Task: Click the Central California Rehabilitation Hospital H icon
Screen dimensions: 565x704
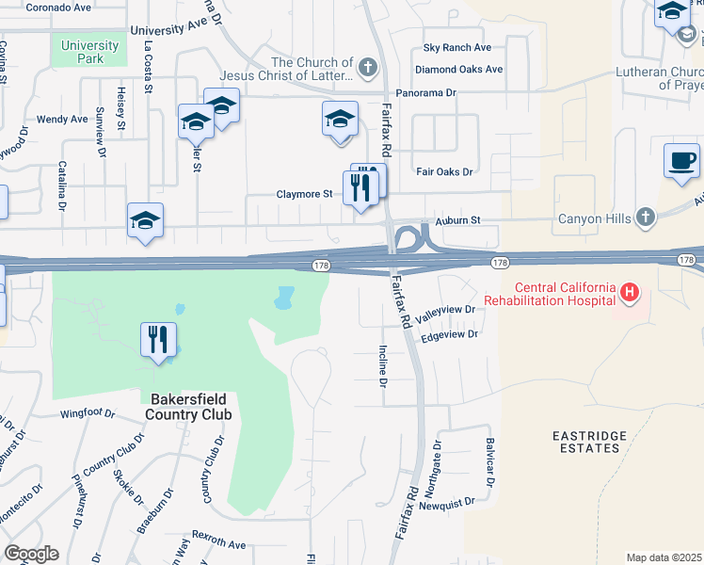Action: tap(630, 295)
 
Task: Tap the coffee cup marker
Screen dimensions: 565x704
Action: tap(680, 161)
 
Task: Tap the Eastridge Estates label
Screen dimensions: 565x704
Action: tap(585, 441)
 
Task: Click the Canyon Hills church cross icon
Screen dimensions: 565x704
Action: tap(645, 218)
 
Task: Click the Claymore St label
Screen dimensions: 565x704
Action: tap(304, 194)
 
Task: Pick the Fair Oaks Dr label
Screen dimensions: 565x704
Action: tap(443, 172)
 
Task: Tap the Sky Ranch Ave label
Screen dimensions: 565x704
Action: tap(457, 47)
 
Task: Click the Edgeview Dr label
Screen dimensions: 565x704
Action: tap(450, 334)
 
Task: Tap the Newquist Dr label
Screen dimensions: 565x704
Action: tap(443, 505)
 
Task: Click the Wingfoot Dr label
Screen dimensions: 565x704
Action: tap(87, 412)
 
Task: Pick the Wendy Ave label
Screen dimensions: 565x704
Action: tap(62, 120)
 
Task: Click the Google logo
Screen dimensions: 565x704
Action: tap(31, 554)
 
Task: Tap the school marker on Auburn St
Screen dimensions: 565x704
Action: tap(146, 222)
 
